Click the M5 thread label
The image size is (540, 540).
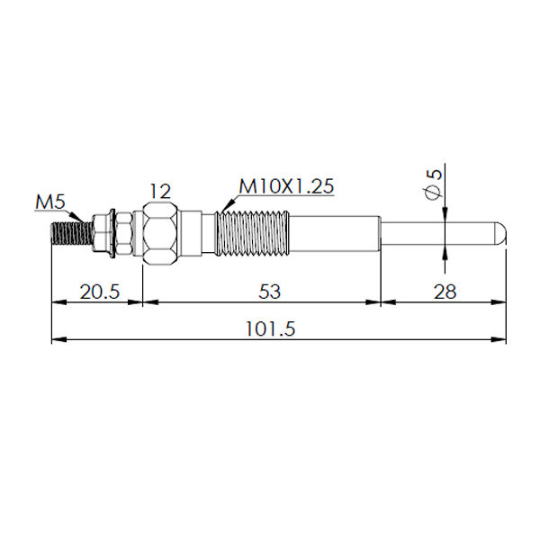(x=50, y=202)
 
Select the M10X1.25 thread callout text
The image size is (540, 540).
(x=286, y=186)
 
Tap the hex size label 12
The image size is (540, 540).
(x=160, y=191)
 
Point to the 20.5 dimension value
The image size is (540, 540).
(x=100, y=292)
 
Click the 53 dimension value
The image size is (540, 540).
(x=270, y=292)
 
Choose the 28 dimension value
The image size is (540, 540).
(x=445, y=292)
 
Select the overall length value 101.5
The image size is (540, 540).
(x=270, y=328)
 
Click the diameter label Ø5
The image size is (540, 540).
(x=433, y=184)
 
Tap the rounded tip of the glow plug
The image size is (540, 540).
(x=500, y=233)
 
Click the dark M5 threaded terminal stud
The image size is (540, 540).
(x=72, y=233)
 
